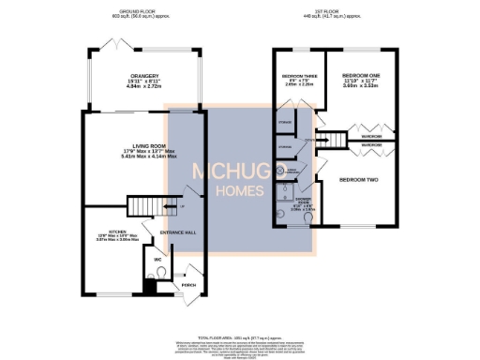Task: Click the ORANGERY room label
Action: click(144, 76)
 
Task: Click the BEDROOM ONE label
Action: click(360, 75)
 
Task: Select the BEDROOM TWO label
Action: click(357, 178)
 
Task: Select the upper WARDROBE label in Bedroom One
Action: click(372, 137)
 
